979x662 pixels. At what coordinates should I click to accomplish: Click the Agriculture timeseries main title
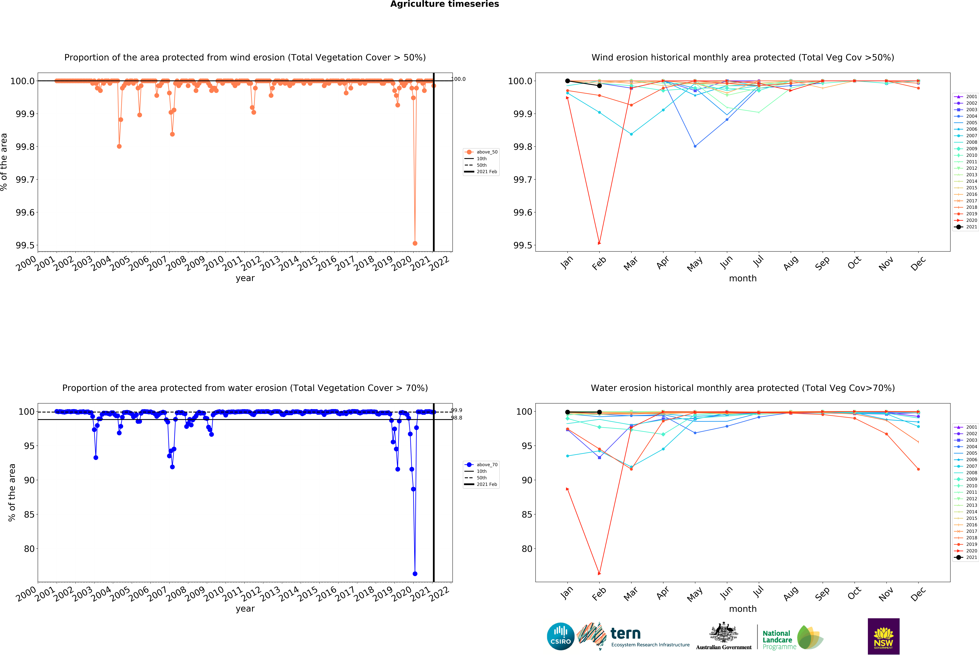[444, 4]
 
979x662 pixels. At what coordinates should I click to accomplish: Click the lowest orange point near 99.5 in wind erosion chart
[415, 243]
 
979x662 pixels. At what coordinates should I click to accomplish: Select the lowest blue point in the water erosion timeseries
[415, 574]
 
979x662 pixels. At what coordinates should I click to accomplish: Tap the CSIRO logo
[560, 636]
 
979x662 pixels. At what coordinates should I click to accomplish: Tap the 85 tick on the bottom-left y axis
[29, 515]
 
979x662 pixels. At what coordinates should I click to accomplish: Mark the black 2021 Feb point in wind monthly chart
[599, 86]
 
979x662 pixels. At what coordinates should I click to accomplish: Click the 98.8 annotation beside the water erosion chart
[457, 418]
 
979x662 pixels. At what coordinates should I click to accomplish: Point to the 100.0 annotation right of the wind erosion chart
[459, 79]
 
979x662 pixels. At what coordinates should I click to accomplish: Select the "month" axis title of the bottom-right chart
[743, 609]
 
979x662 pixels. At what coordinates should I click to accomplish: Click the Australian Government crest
[723, 632]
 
